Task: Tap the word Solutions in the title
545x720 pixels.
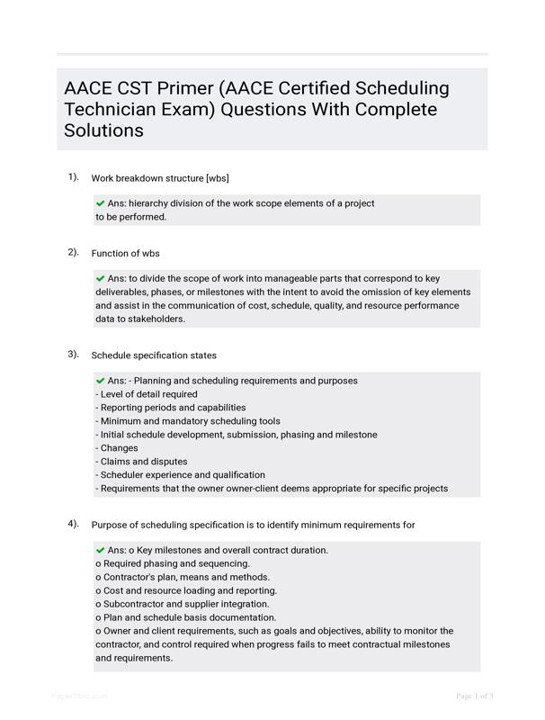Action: (x=103, y=130)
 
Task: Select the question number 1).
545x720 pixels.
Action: (x=73, y=177)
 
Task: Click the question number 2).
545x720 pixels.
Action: (x=73, y=252)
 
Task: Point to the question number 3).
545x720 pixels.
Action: (x=73, y=355)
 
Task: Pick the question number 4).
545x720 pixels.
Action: (x=73, y=524)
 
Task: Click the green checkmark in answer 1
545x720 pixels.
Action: (x=100, y=203)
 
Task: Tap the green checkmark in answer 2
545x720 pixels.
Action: (x=100, y=279)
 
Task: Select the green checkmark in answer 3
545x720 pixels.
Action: (x=100, y=381)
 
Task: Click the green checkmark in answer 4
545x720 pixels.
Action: (x=100, y=550)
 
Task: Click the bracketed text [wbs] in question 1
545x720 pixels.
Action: (x=223, y=178)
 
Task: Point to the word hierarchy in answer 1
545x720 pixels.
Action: (x=149, y=203)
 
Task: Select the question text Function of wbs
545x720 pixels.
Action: (x=126, y=253)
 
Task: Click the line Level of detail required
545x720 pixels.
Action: (x=146, y=394)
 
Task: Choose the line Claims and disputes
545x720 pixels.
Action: (x=141, y=462)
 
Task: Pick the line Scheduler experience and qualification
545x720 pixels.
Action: (x=180, y=475)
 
